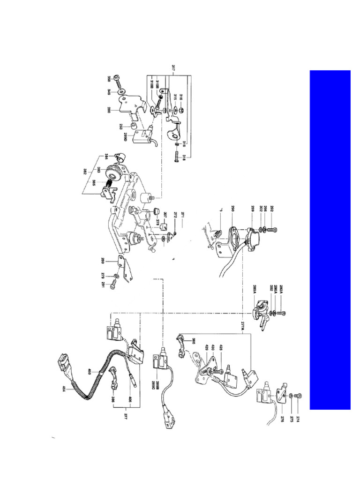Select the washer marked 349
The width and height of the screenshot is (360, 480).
click(x=121, y=91)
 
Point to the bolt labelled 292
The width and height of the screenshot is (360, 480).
click(x=275, y=230)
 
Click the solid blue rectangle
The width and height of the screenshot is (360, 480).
click(x=330, y=240)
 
